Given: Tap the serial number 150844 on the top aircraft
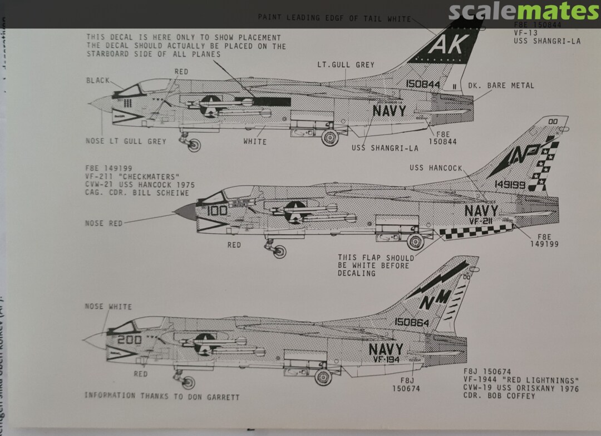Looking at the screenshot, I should [423, 85].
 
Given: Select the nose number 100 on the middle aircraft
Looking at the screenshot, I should [217, 211].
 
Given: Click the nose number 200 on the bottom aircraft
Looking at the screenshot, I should [128, 340].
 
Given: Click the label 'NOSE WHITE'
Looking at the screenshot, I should [108, 307].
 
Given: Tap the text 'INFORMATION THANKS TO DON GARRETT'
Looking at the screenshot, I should [162, 396].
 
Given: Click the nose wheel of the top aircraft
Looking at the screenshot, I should [194, 146].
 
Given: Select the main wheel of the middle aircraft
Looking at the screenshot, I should [415, 242].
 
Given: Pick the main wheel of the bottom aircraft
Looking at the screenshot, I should [323, 377].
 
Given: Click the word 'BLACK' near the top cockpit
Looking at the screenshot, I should [98, 81].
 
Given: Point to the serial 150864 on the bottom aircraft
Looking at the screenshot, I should [412, 322].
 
